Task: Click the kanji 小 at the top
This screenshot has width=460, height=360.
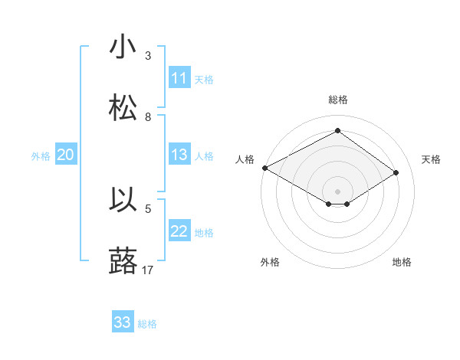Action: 123,47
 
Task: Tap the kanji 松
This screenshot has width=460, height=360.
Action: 123,109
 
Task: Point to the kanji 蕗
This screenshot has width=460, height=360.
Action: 123,262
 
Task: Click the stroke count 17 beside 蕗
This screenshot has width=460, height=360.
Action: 148,270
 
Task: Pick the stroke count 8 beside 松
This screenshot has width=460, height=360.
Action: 148,116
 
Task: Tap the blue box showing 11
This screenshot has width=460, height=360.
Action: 179,78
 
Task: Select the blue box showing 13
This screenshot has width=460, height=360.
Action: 179,155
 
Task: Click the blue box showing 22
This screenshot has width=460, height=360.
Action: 179,231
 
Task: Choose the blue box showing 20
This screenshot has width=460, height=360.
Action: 66,155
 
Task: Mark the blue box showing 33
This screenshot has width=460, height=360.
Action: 123,322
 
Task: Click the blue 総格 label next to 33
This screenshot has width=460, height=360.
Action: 147,324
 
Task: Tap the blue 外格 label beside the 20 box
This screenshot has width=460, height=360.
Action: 41,155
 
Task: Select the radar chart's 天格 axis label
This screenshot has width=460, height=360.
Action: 432,159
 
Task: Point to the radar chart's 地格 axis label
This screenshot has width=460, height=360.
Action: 402,262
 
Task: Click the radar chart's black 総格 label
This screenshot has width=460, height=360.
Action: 337,100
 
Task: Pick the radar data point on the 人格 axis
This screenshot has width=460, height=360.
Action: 264,168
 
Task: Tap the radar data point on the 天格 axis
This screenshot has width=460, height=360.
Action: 396,173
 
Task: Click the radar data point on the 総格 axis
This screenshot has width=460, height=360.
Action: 337,131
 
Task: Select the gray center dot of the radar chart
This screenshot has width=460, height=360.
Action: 337,191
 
